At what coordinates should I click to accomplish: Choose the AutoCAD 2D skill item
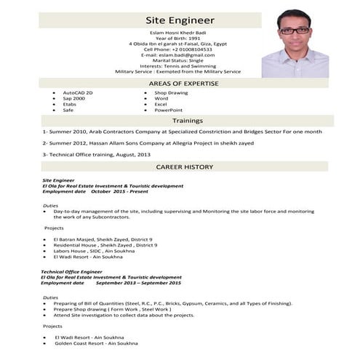tap(78, 94)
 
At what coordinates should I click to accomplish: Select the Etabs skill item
tap(71, 105)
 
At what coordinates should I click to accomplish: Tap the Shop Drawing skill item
tap(171, 94)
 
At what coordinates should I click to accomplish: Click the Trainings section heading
tap(188, 121)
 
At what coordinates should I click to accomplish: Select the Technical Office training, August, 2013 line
tap(97, 155)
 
